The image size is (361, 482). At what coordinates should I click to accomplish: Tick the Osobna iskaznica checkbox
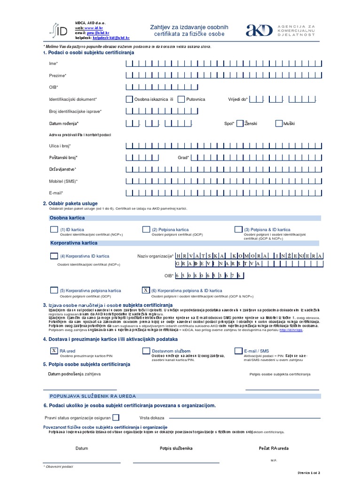pos(129,99)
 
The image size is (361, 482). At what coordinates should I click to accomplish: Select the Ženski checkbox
pos(240,123)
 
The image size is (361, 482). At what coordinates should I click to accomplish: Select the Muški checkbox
pos(279,123)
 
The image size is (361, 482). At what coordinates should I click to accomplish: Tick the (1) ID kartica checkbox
pos(54,229)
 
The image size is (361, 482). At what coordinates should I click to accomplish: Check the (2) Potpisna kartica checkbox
pos(146,229)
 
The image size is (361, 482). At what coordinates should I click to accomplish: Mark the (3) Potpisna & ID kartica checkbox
pos(238,229)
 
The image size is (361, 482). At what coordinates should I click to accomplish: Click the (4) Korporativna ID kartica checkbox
pos(54,256)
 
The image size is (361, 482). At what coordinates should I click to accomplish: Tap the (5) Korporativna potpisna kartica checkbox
pos(54,290)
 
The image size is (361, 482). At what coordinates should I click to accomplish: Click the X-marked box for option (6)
pos(146,290)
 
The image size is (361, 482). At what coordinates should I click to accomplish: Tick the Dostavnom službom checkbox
pos(146,351)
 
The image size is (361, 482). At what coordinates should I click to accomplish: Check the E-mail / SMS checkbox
pos(238,351)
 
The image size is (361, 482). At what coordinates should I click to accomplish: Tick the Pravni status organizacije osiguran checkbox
pos(116,417)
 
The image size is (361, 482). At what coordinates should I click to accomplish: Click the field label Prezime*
pos(58,75)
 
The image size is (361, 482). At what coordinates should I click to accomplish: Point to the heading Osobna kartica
pos(67,218)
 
